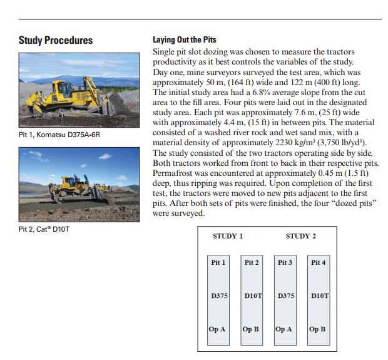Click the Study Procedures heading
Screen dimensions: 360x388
56,41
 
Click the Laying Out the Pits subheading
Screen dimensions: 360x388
185,39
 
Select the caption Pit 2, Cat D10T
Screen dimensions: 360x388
45,229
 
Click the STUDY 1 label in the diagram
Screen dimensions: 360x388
228,236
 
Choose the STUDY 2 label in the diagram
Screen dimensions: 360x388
300,236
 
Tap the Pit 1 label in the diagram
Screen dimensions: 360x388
218,262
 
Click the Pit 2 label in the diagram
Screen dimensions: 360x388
252,262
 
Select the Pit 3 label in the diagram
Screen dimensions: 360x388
285,262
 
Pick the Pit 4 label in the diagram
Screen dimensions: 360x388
318,262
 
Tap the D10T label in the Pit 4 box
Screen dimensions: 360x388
319,295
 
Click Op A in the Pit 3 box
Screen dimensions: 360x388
285,329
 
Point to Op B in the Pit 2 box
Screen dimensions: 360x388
251,329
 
